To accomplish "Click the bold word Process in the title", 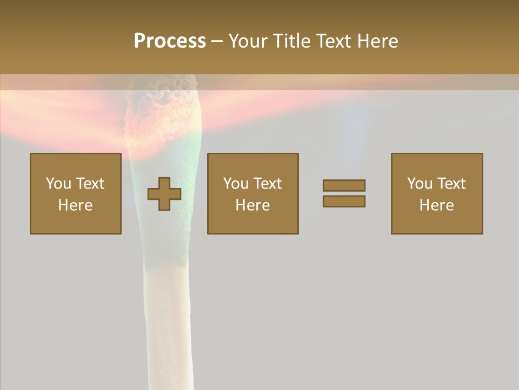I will [170, 41].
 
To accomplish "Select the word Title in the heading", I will [291, 41].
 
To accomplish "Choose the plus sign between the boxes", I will [164, 194].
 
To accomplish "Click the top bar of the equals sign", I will [344, 185].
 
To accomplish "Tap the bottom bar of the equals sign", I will [344, 201].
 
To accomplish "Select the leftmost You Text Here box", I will [76, 193].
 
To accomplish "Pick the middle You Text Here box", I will [252, 193].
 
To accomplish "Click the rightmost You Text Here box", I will [437, 193].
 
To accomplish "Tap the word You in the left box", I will [58, 184].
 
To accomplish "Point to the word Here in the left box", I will [75, 205].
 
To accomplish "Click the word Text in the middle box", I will [268, 184].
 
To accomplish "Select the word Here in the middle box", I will [252, 205].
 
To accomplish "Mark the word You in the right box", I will [420, 184].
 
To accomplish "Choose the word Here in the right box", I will [437, 205].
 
